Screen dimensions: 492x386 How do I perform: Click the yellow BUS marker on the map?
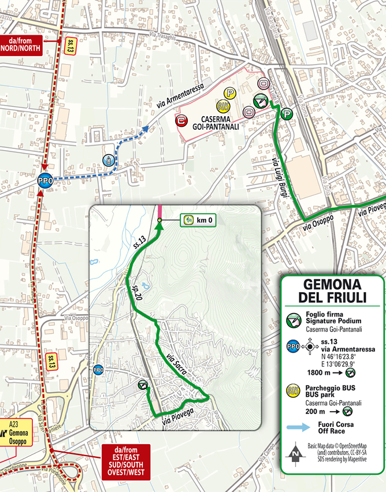(x=221, y=106)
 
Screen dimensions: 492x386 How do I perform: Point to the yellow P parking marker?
(x=230, y=92)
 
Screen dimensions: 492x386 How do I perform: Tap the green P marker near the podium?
(x=285, y=114)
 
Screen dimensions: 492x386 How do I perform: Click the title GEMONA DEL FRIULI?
(x=332, y=291)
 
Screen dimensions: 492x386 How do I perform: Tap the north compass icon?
(x=296, y=452)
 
